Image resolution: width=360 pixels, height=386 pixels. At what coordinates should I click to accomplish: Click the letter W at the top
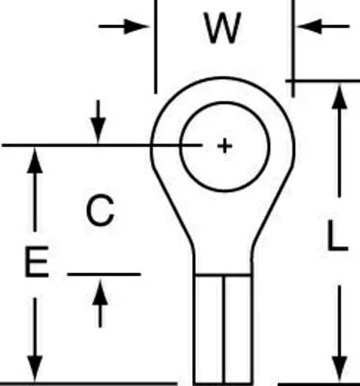pyautogui.click(x=223, y=28)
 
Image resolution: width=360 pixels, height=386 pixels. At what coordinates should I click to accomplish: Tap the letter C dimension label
pyautogui.click(x=100, y=210)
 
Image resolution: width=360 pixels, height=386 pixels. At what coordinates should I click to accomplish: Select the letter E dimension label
pyautogui.click(x=37, y=262)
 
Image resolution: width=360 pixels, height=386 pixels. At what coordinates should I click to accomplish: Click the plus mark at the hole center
pyautogui.click(x=225, y=146)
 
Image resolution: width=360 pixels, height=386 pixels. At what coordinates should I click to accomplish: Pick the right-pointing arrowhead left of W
pyautogui.click(x=136, y=26)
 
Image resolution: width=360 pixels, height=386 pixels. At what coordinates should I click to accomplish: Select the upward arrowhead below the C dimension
pyautogui.click(x=100, y=292)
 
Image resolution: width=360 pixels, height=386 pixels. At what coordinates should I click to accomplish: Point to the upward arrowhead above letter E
pyautogui.click(x=35, y=160)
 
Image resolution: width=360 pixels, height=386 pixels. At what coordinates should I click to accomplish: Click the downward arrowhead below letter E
pyautogui.click(x=35, y=369)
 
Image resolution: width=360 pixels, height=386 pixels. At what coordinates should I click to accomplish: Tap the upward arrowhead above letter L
pyautogui.click(x=340, y=96)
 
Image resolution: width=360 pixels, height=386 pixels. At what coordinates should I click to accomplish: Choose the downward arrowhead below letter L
pyautogui.click(x=340, y=369)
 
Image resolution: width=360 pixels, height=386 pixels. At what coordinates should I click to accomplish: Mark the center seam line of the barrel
pyautogui.click(x=224, y=330)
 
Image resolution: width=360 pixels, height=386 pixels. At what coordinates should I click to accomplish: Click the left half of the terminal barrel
pyautogui.click(x=208, y=330)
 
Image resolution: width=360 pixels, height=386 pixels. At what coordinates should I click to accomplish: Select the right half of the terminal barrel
pyautogui.click(x=238, y=330)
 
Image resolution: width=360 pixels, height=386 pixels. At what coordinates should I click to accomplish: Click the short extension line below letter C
pyautogui.click(x=104, y=274)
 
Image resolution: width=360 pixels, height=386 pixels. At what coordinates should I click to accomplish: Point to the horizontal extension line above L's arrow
pyautogui.click(x=322, y=80)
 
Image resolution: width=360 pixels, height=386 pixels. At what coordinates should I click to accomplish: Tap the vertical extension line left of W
pyautogui.click(x=156, y=46)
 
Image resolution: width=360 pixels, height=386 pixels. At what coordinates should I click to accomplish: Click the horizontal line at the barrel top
pyautogui.click(x=223, y=275)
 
